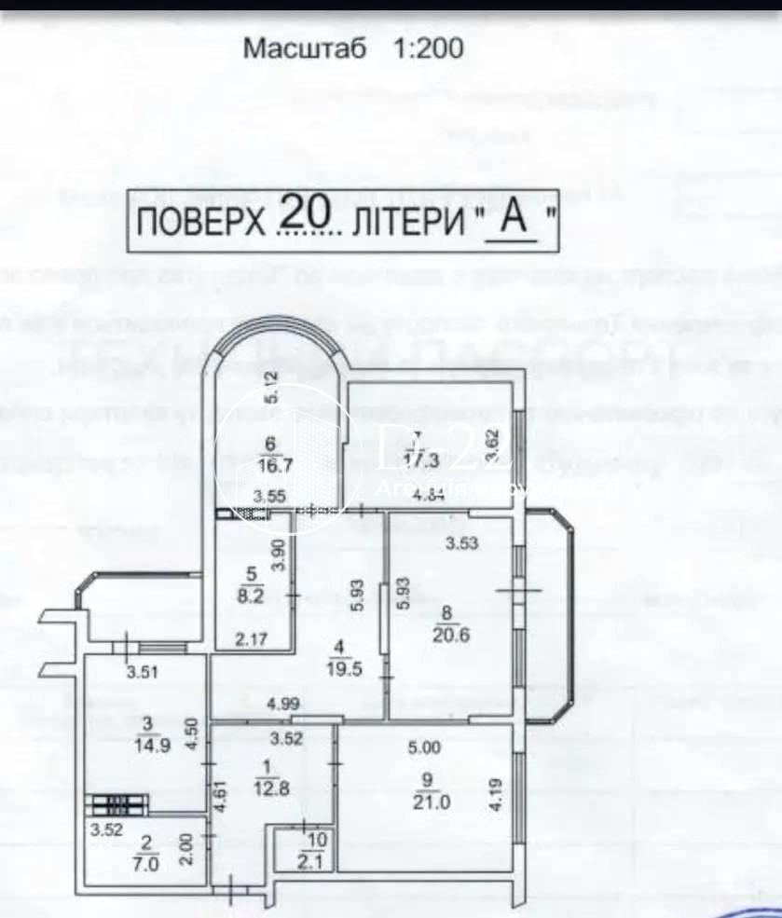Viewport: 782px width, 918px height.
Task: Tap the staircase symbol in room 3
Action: pyautogui.click(x=117, y=802)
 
